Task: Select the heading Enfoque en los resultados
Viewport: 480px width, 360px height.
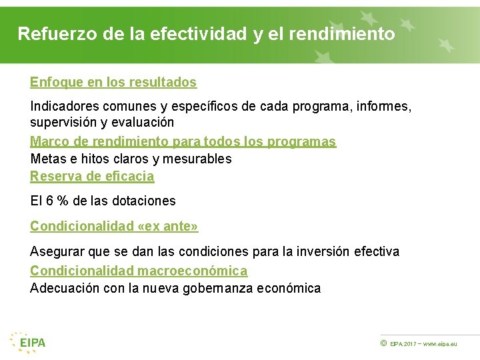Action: click(113, 83)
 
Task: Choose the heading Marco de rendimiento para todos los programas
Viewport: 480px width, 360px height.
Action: click(183, 141)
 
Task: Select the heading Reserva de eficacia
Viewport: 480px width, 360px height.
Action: click(92, 176)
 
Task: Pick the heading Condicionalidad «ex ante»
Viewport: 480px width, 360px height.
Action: click(114, 226)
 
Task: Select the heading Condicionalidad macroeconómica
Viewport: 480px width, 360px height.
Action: click(139, 271)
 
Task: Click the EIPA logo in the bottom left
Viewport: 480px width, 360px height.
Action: click(28, 342)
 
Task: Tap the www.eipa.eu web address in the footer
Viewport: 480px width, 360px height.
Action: click(441, 343)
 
